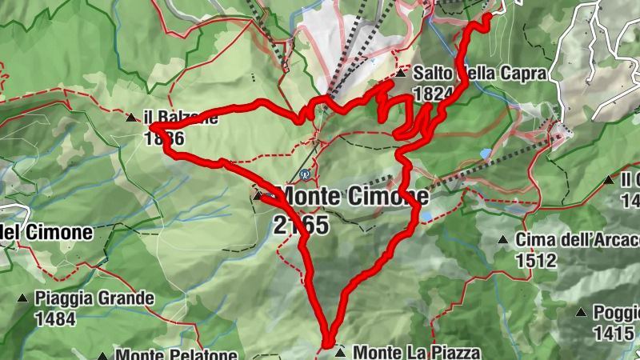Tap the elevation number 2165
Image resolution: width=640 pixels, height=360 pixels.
301,226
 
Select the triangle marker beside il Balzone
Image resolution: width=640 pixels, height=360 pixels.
131,118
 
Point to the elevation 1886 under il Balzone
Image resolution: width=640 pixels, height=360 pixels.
164,138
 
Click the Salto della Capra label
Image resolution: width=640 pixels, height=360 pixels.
480,73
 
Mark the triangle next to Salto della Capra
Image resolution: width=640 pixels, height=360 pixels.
402,73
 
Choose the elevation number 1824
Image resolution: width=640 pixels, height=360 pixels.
434,94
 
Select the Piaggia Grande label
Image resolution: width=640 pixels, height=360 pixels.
94,298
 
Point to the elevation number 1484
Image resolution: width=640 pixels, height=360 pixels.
54,319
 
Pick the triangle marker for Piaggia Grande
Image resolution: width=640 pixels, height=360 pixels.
22,298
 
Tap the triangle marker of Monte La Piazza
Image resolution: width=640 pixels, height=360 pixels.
342,352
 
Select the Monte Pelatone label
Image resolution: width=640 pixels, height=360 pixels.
176,354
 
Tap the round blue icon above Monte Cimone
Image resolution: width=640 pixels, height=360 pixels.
304,173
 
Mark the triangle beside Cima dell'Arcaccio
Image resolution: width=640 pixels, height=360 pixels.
503,239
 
